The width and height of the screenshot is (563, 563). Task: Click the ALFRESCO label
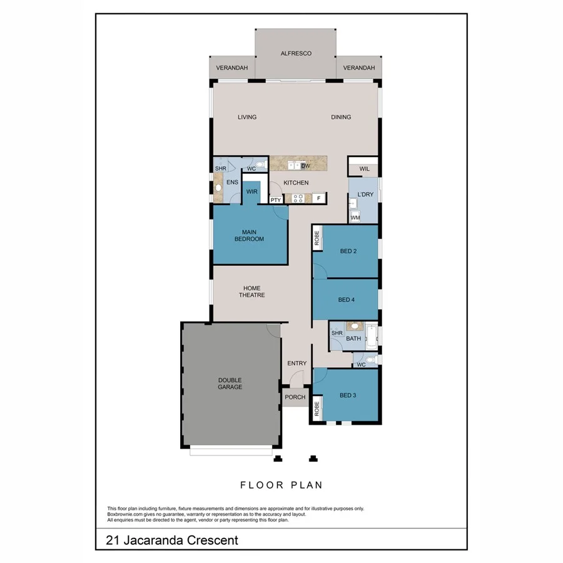pyautogui.click(x=296, y=54)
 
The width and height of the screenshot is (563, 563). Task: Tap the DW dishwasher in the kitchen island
pyautogui.click(x=305, y=166)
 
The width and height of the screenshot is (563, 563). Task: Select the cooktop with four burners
pyautogui.click(x=298, y=198)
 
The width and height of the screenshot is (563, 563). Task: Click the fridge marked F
pyautogui.click(x=318, y=198)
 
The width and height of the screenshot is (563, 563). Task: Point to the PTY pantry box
pyautogui.click(x=275, y=200)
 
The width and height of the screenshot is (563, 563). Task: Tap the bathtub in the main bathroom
pyautogui.click(x=372, y=338)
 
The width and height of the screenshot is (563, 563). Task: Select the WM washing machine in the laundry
pyautogui.click(x=355, y=217)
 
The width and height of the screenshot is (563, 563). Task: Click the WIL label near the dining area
pyautogui.click(x=363, y=169)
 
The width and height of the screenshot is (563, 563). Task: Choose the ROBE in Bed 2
pyautogui.click(x=317, y=238)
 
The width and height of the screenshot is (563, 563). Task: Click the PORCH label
pyautogui.click(x=295, y=397)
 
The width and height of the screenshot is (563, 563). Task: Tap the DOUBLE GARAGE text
pyautogui.click(x=230, y=383)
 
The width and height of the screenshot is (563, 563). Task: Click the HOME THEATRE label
pyautogui.click(x=252, y=292)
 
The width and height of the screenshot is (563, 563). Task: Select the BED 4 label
pyautogui.click(x=347, y=300)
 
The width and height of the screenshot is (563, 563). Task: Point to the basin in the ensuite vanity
pyautogui.click(x=218, y=187)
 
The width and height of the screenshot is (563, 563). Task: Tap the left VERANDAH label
pyautogui.click(x=232, y=68)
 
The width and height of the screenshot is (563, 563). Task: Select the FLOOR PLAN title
pyautogui.click(x=281, y=485)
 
